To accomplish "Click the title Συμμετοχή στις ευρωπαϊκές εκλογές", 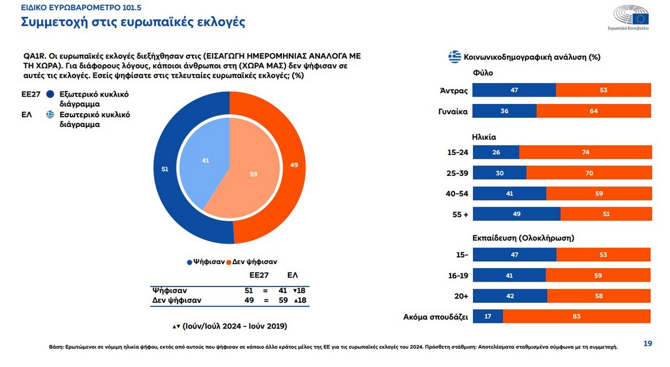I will [x=133, y=23].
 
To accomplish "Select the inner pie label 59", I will [x=253, y=174].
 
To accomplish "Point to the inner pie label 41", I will [x=205, y=160].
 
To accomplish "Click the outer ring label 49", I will [x=295, y=165].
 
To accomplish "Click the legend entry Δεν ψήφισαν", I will [x=255, y=261].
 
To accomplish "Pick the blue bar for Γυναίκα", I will [x=504, y=111].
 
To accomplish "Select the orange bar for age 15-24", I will [x=585, y=152].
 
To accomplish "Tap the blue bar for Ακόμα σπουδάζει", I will [x=488, y=316].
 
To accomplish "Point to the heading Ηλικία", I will [x=484, y=136].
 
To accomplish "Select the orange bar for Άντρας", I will [x=603, y=90].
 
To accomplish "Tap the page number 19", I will [x=648, y=344].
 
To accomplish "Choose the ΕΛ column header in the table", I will [x=292, y=276].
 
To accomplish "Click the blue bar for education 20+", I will [x=510, y=295].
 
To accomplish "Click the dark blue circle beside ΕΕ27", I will [x=50, y=94].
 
